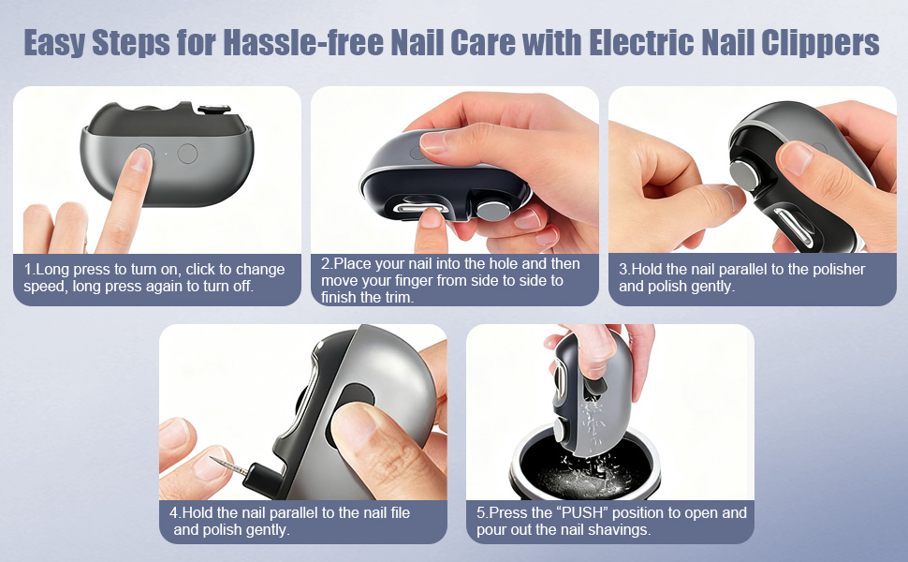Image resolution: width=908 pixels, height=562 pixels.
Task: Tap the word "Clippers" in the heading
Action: click(x=820, y=43)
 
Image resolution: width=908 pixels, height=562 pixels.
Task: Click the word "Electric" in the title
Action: click(x=641, y=42)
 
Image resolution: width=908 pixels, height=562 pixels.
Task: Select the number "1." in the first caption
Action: click(x=30, y=270)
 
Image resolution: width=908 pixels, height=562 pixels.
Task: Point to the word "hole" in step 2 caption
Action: click(x=504, y=263)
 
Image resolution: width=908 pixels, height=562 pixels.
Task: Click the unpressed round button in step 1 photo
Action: click(x=187, y=154)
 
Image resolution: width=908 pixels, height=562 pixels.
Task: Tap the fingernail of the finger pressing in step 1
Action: click(x=140, y=159)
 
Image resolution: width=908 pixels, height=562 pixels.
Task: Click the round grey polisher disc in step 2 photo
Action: click(x=492, y=211)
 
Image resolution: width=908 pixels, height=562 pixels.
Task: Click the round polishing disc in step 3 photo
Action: click(x=743, y=175)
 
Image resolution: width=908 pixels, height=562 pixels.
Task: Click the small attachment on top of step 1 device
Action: click(x=214, y=109)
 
